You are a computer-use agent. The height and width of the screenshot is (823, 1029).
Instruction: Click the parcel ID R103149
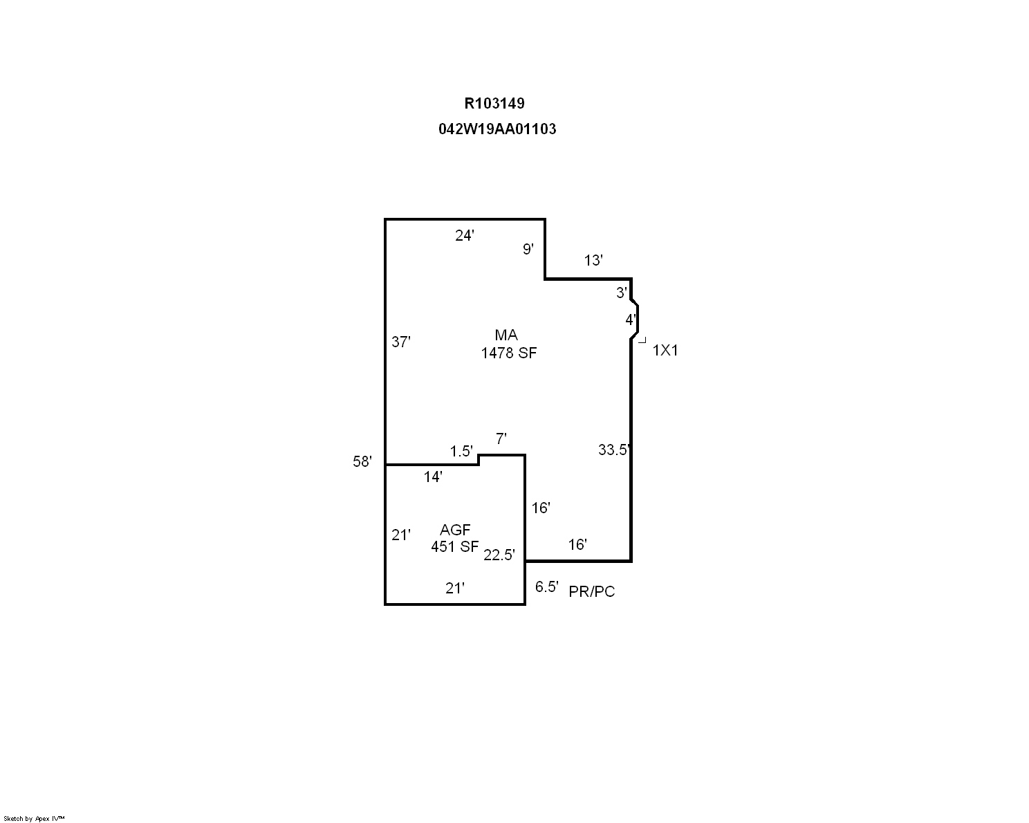(x=494, y=103)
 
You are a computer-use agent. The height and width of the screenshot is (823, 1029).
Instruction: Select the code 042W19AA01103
(x=497, y=129)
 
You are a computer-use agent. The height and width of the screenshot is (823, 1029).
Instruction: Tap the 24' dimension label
(x=464, y=235)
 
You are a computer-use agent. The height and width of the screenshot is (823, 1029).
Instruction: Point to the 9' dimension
(x=528, y=249)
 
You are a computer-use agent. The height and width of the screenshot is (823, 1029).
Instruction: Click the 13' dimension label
(x=593, y=260)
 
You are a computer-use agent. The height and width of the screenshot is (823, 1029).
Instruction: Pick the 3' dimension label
(x=621, y=293)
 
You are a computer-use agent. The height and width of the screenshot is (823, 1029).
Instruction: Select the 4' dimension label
(x=631, y=320)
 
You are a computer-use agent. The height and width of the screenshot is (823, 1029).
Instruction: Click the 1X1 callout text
(x=665, y=351)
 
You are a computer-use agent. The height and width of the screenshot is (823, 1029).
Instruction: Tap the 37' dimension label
(x=400, y=342)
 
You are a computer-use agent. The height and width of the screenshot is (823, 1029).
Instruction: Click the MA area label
(x=506, y=335)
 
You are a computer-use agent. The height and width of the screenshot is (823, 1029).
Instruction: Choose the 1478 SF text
(x=509, y=353)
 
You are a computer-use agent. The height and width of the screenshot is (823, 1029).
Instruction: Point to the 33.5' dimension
(x=615, y=450)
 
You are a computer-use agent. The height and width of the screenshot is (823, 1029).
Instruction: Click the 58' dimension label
(x=362, y=461)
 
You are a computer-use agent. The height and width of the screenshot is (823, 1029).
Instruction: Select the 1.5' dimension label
(x=461, y=451)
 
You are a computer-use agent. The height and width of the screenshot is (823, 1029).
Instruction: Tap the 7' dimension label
(x=501, y=438)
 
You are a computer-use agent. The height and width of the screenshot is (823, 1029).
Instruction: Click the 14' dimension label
(x=433, y=477)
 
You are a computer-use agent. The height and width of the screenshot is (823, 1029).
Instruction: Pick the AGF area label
(x=455, y=530)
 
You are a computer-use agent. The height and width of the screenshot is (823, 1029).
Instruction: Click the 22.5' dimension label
(x=499, y=555)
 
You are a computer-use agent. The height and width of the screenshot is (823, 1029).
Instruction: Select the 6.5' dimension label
(x=547, y=586)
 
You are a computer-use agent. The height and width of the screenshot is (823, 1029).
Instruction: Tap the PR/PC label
(x=591, y=591)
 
